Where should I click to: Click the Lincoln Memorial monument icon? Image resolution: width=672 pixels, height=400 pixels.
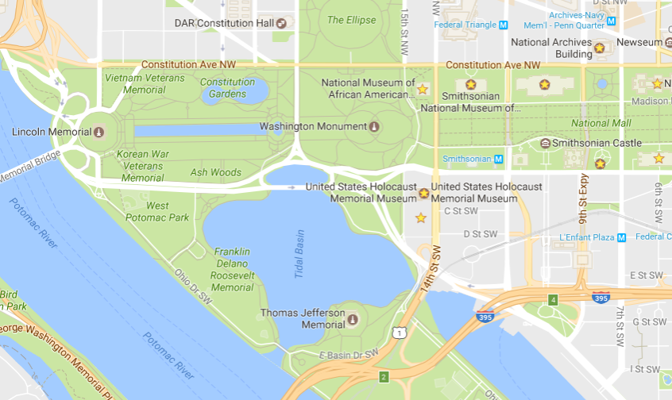[98, 132]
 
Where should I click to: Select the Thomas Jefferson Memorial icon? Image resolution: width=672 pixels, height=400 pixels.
[353, 319]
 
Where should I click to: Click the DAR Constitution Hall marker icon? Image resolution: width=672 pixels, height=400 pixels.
[280, 23]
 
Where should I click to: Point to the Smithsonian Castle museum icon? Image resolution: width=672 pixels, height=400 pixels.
[545, 143]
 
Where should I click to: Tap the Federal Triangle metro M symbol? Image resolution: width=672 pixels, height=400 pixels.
[503, 25]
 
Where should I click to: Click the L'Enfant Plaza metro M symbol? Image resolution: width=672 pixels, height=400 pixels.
[621, 237]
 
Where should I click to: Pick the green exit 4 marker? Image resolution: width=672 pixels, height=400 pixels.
[553, 299]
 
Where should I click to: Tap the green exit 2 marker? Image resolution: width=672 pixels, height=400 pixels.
[383, 376]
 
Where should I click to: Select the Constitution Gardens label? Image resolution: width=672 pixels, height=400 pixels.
[227, 87]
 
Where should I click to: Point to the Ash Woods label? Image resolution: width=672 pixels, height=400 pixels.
[215, 172]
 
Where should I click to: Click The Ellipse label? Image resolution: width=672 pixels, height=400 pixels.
[351, 20]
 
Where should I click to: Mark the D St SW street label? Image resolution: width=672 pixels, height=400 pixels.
[480, 234]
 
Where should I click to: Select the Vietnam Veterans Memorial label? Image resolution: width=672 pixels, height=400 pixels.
[144, 84]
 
